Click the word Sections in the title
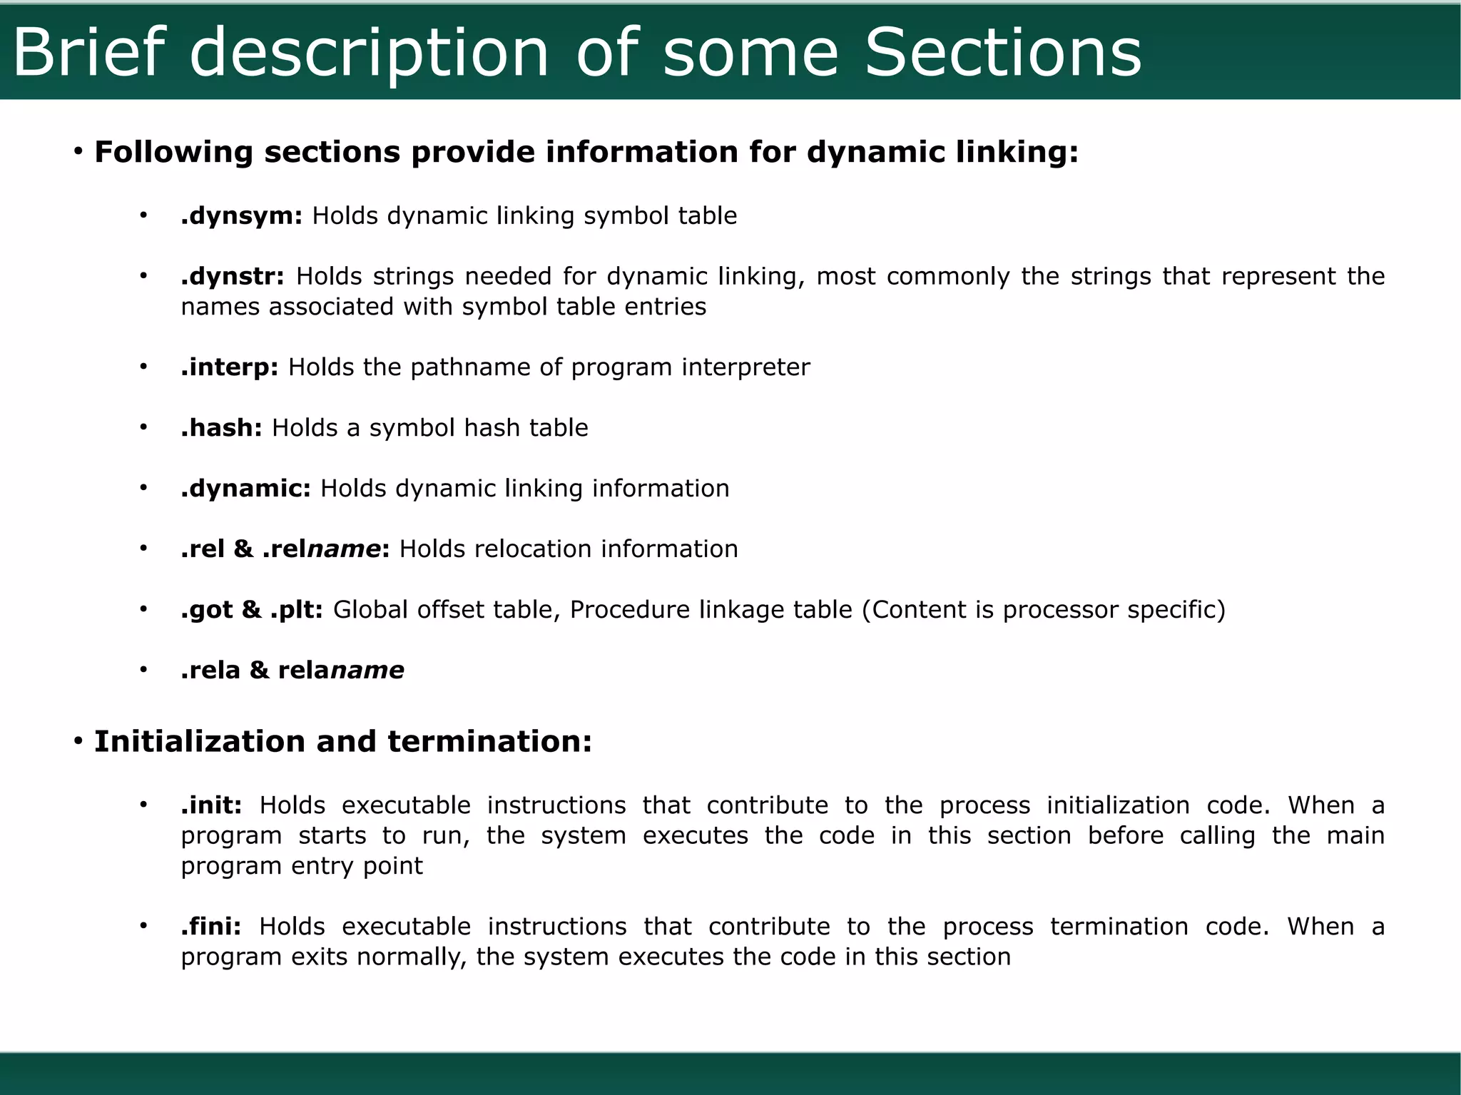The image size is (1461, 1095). point(1002,53)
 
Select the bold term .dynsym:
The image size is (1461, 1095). point(242,215)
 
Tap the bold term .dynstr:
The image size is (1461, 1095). point(233,276)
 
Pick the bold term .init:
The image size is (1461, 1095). point(211,805)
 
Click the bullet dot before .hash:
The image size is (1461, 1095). point(143,427)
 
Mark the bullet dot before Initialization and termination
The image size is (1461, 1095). point(78,741)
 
